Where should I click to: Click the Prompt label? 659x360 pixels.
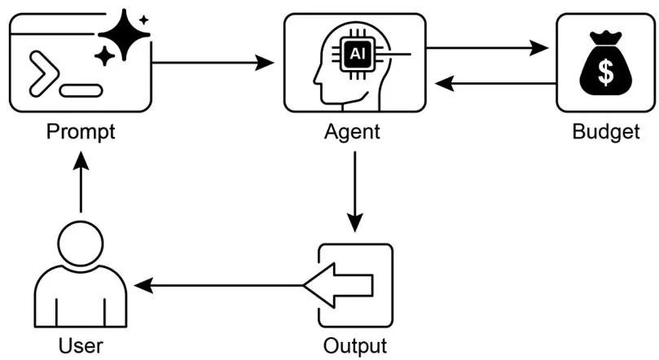click(x=81, y=131)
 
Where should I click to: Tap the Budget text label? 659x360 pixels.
click(x=606, y=131)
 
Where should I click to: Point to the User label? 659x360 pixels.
click(x=81, y=345)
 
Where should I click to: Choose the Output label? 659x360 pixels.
click(x=354, y=345)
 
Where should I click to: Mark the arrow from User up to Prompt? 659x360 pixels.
click(x=81, y=184)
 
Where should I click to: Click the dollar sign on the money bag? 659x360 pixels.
click(x=606, y=72)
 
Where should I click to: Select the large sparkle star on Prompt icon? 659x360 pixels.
click(x=124, y=34)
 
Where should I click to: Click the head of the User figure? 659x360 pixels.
click(x=81, y=245)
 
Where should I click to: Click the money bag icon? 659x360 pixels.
click(x=606, y=65)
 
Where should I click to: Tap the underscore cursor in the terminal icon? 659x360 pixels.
click(x=81, y=90)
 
